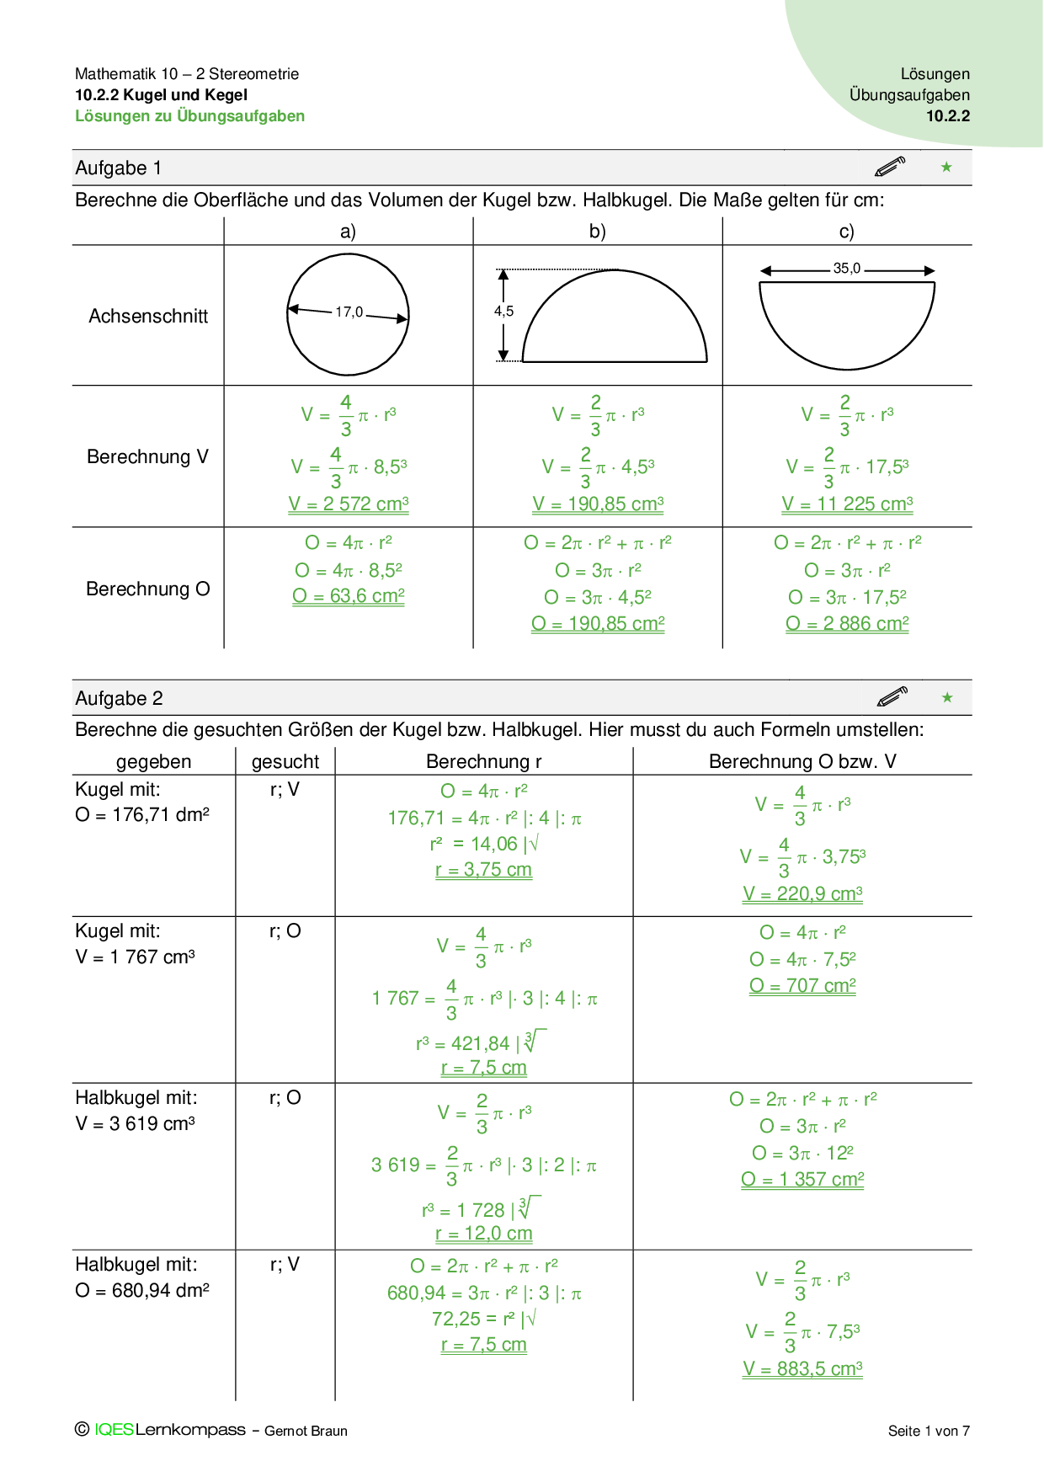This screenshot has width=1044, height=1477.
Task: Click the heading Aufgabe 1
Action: coord(118,168)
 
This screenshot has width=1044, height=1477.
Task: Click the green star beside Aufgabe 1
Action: coord(946,168)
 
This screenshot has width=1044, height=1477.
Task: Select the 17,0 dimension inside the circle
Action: coord(349,312)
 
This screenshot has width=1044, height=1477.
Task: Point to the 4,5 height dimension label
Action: coord(503,312)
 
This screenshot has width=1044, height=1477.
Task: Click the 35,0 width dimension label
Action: coord(846,269)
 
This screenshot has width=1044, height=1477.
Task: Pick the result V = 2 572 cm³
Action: coord(349,504)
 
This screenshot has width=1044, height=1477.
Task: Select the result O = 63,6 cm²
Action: coord(349,596)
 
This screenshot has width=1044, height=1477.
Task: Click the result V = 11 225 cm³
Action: coord(847,504)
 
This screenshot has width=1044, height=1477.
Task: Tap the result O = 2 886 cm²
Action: coord(847,624)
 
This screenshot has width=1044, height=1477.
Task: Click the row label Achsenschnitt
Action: coord(148,317)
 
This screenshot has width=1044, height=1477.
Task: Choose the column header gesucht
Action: coord(285,762)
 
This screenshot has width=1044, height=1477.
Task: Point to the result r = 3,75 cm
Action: coord(483,870)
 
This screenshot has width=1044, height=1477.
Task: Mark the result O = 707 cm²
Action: coord(802,986)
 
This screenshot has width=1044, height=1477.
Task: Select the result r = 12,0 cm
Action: coord(483,1234)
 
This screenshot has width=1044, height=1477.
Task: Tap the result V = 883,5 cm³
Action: coord(802,1369)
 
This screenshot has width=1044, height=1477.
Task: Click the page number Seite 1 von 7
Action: coord(929,1431)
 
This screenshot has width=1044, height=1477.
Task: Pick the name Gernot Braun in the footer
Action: coord(306,1431)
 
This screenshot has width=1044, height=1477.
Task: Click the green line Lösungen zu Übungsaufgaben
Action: coord(190,116)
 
